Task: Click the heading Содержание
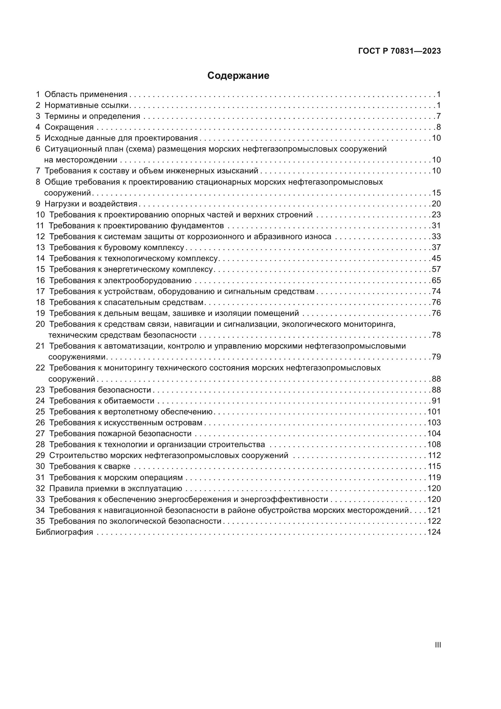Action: coord(238,76)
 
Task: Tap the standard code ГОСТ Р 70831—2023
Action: coord(400,51)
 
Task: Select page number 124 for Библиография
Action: coord(434,532)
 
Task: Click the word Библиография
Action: coord(65,532)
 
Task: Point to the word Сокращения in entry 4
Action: coord(69,127)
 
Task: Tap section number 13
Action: coord(40,248)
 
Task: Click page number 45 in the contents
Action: coord(436,259)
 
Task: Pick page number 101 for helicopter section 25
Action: coord(434,412)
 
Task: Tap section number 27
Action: coord(40,434)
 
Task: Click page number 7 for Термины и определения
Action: coord(438,116)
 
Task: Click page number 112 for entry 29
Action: coord(434,456)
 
